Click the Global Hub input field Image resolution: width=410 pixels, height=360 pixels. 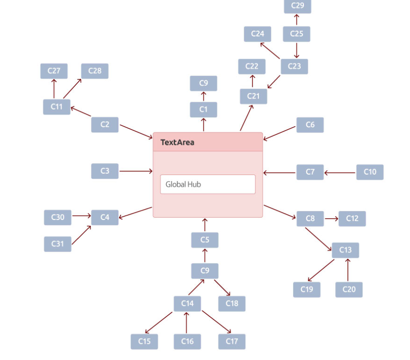click(207, 184)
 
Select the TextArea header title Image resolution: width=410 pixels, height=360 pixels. click(177, 142)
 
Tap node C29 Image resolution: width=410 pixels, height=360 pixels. click(297, 6)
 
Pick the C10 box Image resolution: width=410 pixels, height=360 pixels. click(370, 172)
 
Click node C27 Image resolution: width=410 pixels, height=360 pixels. click(54, 71)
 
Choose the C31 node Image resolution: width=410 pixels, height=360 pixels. click(58, 244)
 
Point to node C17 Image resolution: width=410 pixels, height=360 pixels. click(232, 342)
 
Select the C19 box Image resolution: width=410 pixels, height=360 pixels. click(306, 290)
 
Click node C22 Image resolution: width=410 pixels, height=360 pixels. click(252, 67)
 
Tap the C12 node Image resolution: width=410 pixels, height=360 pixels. click(352, 219)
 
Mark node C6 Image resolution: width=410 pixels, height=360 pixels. click(310, 125)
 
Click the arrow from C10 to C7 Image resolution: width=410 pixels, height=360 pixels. click(340, 173)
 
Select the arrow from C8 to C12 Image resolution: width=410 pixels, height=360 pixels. click(331, 219)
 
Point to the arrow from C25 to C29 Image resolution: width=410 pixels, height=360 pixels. click(297, 20)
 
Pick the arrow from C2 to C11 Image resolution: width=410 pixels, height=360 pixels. click(80, 112)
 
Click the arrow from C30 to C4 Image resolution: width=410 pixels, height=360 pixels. click(81, 216)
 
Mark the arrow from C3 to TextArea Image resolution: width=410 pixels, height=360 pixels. click(136, 171)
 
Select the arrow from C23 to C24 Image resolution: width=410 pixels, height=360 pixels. click(270, 51)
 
